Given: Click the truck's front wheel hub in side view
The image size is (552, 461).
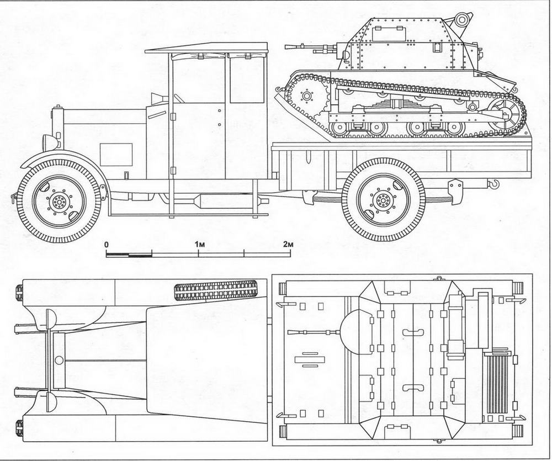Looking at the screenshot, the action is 59,202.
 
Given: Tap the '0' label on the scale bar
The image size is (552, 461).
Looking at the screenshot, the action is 107,245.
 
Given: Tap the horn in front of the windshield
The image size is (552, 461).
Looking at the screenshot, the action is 157,98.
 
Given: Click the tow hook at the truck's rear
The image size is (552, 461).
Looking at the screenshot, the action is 494,183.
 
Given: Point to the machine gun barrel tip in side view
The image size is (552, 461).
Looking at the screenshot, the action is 286,46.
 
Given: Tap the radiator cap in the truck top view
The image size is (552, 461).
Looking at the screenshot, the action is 59,360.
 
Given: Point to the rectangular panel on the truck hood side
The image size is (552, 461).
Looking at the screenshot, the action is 116,154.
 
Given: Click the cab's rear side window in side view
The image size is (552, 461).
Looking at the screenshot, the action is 247,80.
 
